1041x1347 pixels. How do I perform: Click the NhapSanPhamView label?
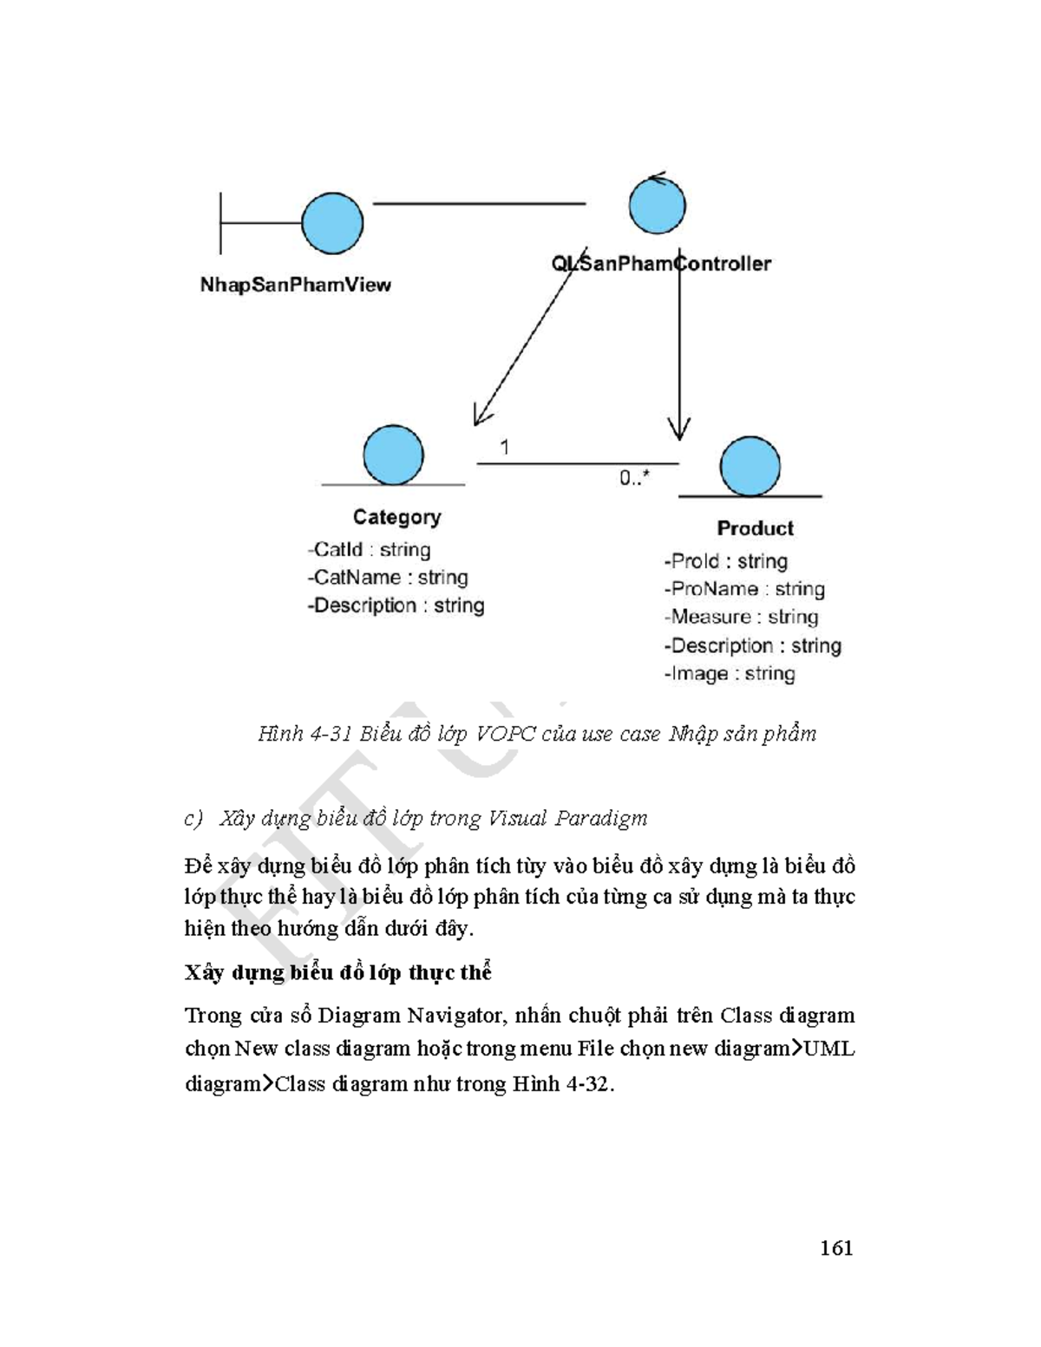pos(295,284)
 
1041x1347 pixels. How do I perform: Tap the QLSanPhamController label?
pos(661,264)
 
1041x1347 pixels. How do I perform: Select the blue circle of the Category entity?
pos(393,455)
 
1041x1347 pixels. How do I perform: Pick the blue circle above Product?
pos(750,467)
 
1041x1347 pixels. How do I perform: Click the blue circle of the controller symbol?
pos(657,206)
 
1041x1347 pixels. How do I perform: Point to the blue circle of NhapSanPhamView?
pos(332,223)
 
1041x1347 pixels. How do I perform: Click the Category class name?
pos(396,517)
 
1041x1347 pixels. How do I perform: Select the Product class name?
pos(755,528)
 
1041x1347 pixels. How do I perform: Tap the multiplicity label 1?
pos(504,448)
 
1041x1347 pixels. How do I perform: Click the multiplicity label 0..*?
pos(634,478)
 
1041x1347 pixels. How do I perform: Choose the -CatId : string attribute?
pos(369,550)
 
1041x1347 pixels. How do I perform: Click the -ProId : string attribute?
pos(725,561)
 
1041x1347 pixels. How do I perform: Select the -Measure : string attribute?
pos(741,617)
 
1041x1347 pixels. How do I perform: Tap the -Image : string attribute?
pos(729,674)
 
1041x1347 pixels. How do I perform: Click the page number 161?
pos(836,1248)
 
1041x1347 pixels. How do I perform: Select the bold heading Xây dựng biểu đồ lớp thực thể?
pos(337,972)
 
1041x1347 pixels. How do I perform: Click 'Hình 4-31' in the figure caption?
pos(304,734)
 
